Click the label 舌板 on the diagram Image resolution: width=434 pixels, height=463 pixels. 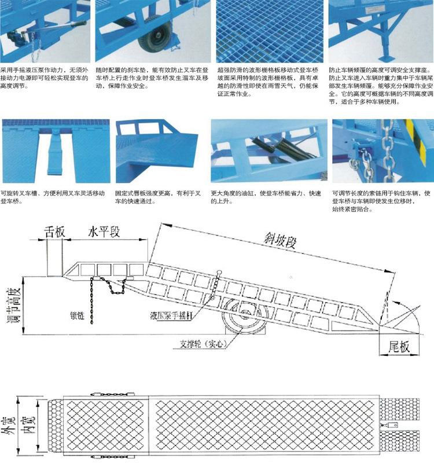pos(55,231)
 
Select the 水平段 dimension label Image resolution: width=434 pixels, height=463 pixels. pos(104,231)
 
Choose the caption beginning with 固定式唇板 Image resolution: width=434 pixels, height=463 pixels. pos(156,197)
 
